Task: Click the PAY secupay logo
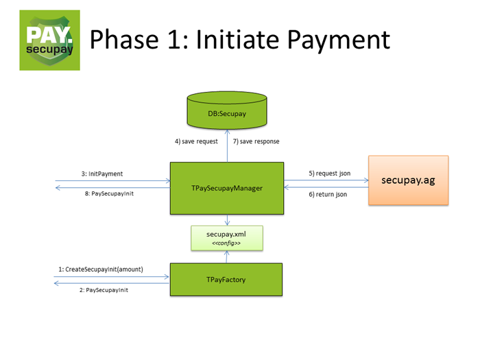coord(49,40)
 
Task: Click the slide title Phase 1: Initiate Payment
coord(240,40)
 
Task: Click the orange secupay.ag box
coord(409,180)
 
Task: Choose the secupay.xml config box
coord(227,238)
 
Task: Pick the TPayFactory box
coord(227,280)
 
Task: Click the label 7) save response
coord(256,142)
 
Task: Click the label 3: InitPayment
coord(102,174)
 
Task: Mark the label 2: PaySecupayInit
coord(105,290)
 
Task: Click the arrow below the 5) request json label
coord(326,181)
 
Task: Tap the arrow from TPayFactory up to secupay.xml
coord(227,256)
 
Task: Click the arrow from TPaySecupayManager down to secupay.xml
coord(227,219)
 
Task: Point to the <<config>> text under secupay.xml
coord(227,243)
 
